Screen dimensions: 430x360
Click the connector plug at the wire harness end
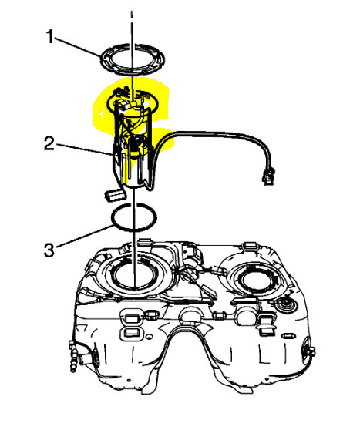click(x=269, y=176)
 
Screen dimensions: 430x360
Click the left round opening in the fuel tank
click(x=134, y=275)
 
